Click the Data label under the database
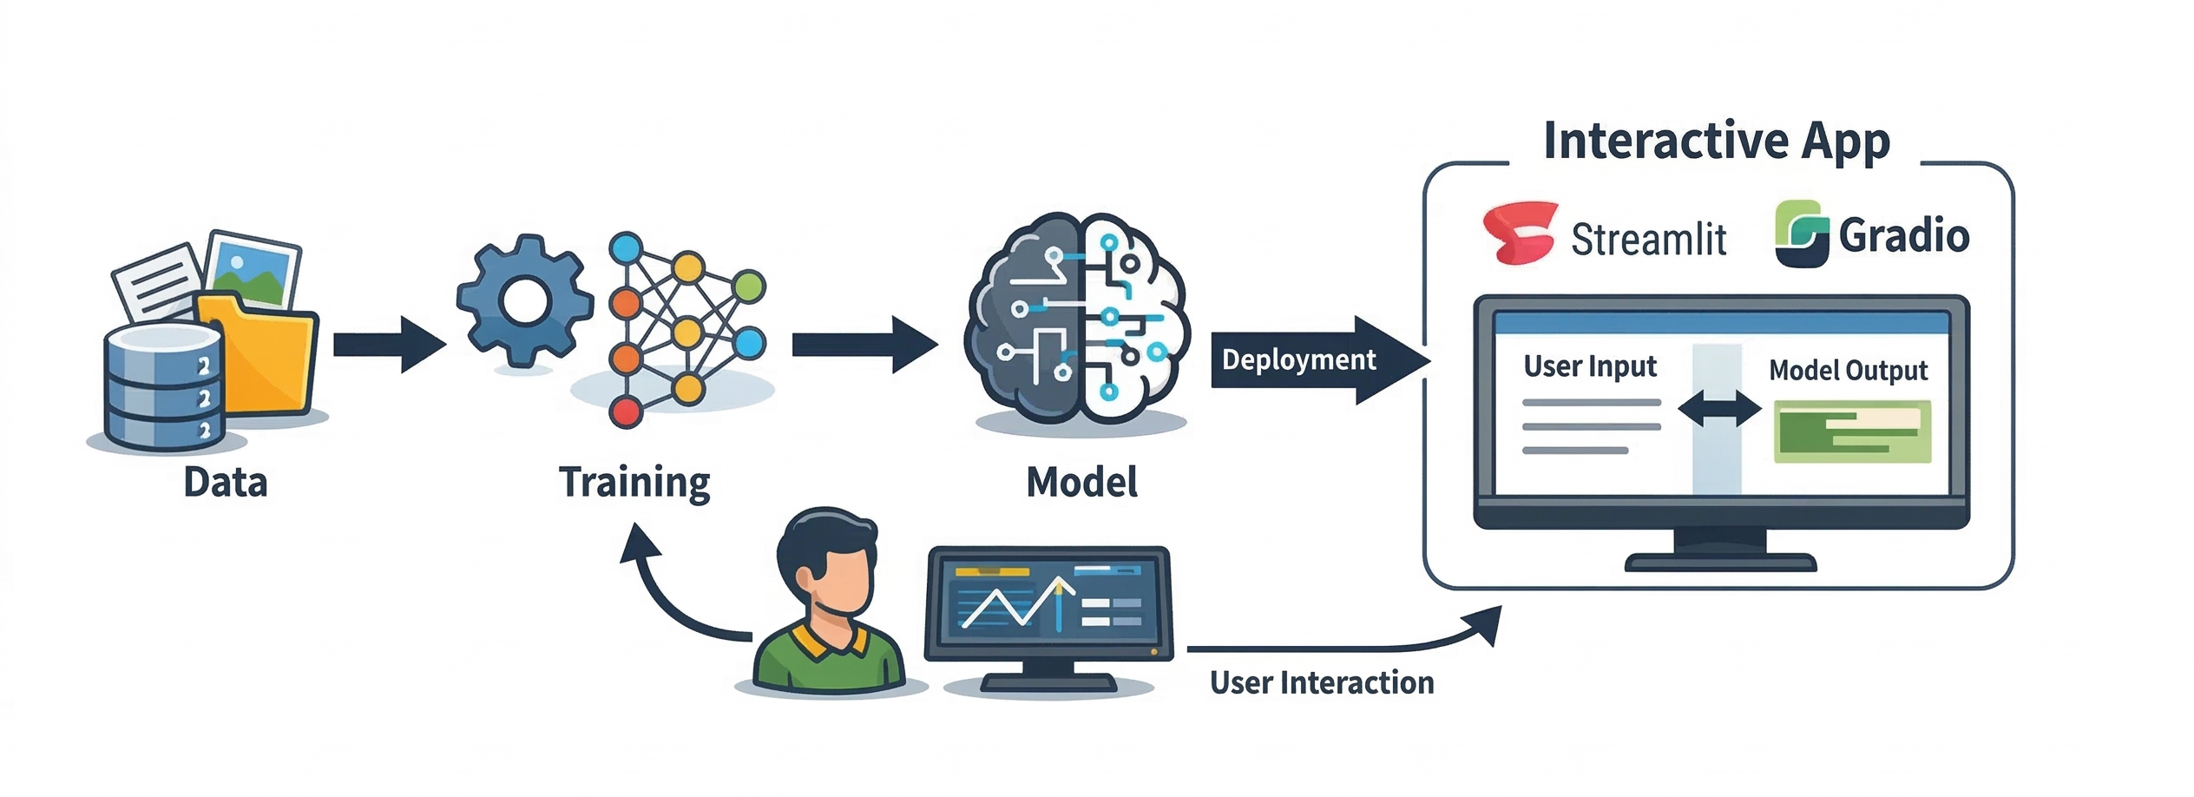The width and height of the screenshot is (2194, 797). pyautogui.click(x=225, y=483)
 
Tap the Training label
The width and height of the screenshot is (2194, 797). pyautogui.click(x=634, y=483)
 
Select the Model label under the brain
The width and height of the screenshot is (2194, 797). pyautogui.click(x=1081, y=483)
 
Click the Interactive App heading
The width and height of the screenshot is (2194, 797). pyautogui.click(x=1716, y=142)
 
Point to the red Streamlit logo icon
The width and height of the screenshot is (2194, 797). pyautogui.click(x=1520, y=233)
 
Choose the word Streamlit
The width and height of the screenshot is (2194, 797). pyautogui.click(x=1648, y=239)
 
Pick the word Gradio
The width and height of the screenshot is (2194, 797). pyautogui.click(x=1904, y=235)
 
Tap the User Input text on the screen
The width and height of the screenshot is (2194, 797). pyautogui.click(x=1590, y=366)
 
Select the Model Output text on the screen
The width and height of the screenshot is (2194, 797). pyautogui.click(x=1848, y=371)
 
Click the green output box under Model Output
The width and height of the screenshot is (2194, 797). pyautogui.click(x=1852, y=431)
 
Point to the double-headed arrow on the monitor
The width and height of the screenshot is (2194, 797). pyautogui.click(x=1718, y=408)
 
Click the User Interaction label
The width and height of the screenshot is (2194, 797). pyautogui.click(x=1321, y=683)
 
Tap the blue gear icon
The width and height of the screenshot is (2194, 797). pyautogui.click(x=524, y=301)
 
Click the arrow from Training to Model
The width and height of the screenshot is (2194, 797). pyautogui.click(x=863, y=345)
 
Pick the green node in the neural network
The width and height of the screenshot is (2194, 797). pyautogui.click(x=747, y=286)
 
